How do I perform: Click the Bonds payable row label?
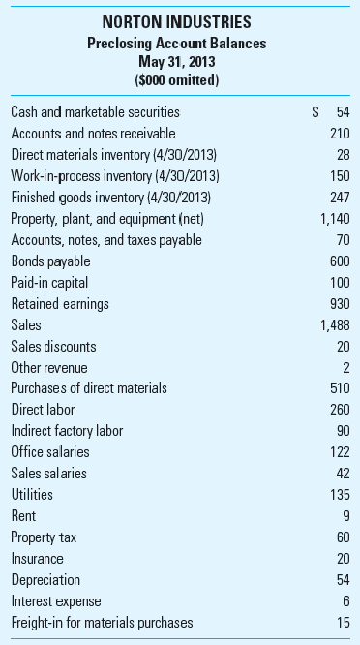click(x=50, y=261)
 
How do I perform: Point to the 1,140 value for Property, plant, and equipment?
click(x=335, y=219)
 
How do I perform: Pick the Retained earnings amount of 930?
click(x=340, y=303)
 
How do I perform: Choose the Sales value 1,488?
click(x=335, y=324)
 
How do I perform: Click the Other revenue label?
click(x=48, y=367)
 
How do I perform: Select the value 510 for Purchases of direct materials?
click(x=340, y=388)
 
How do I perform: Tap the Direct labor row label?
click(x=43, y=410)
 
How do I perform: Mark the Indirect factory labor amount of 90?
click(x=343, y=431)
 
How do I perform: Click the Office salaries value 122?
click(x=340, y=452)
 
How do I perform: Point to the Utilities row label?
click(x=31, y=494)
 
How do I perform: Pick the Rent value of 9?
click(x=346, y=515)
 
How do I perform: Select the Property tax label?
click(x=43, y=537)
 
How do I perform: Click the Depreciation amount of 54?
click(x=343, y=579)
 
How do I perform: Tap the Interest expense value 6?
click(x=346, y=600)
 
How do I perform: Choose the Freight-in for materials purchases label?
click(x=102, y=622)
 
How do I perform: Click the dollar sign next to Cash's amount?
click(x=315, y=112)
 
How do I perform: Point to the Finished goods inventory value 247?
click(x=340, y=198)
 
